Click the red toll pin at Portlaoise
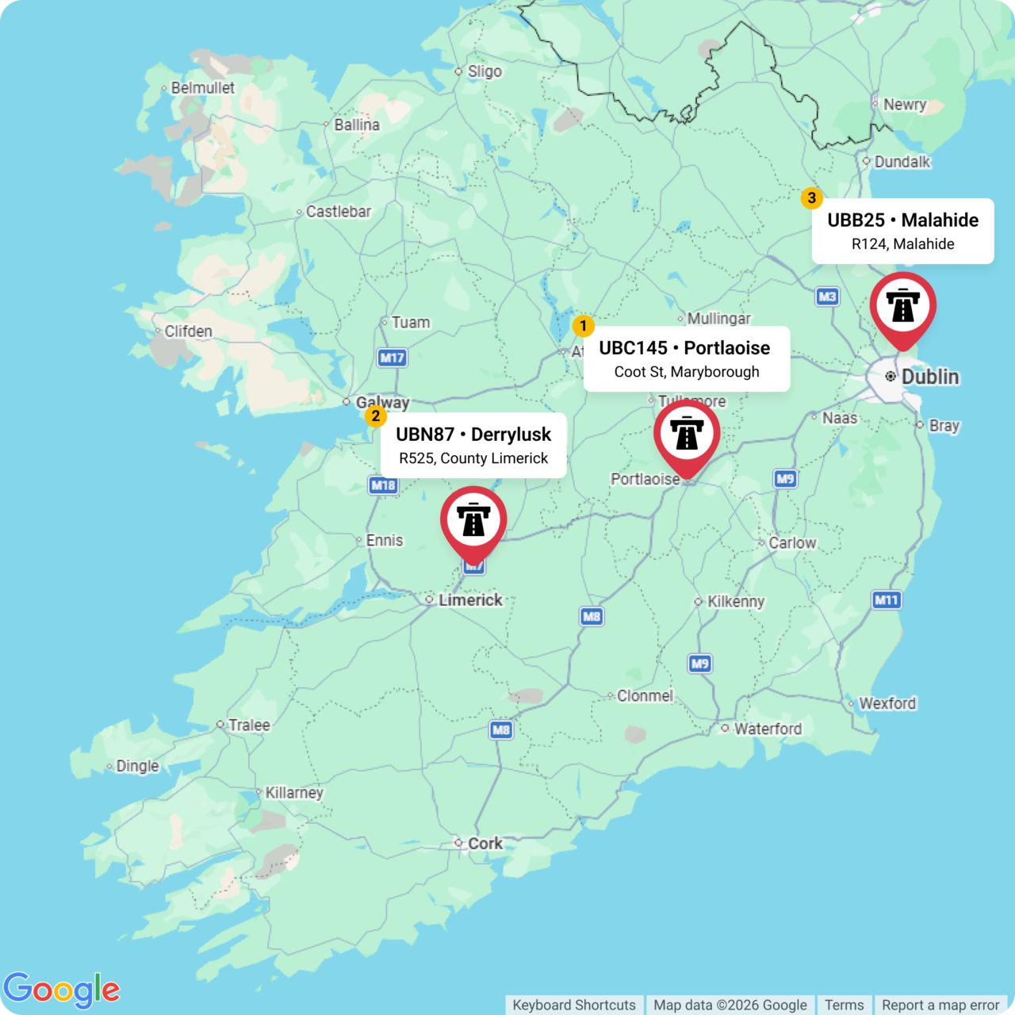click(687, 435)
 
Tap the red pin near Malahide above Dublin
click(902, 307)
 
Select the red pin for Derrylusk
click(473, 521)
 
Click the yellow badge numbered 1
click(583, 326)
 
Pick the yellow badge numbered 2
click(375, 416)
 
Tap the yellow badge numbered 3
click(811, 198)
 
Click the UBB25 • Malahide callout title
click(902, 220)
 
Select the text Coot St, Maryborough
click(687, 372)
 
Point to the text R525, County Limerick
click(473, 458)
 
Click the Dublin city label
click(929, 377)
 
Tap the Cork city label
click(485, 843)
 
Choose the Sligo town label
click(484, 71)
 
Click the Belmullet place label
click(202, 88)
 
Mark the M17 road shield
click(392, 358)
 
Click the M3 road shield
click(827, 297)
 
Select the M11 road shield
click(886, 599)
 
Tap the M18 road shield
click(383, 485)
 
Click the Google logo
click(62, 990)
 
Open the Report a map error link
click(940, 1005)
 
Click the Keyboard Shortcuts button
click(574, 1005)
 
